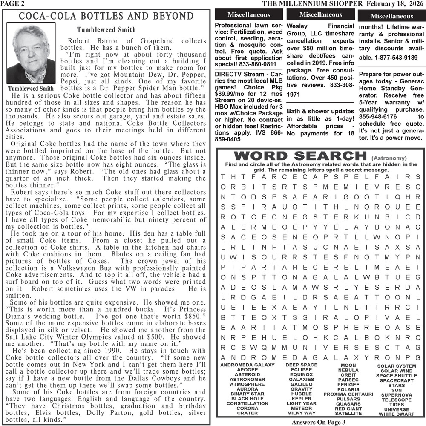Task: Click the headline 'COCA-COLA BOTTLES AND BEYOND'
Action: coord(106,16)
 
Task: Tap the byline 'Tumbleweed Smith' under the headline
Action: coord(106,30)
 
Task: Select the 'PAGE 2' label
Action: coord(12,3)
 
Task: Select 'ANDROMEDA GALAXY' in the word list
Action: coord(247,365)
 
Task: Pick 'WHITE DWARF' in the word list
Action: coord(396,414)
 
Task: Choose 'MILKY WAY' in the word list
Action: coord(301,413)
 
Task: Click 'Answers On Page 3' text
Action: coord(319,422)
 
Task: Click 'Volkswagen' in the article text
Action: coord(85,268)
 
